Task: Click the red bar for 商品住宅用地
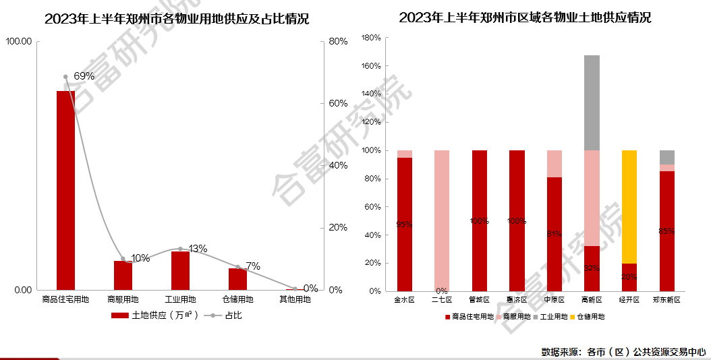tap(65, 190)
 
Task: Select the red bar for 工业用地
tap(180, 270)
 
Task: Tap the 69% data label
tap(84, 76)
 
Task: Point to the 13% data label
tap(198, 249)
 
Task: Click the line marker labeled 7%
tap(237, 267)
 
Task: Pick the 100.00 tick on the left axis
tap(18, 42)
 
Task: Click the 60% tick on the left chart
tap(338, 103)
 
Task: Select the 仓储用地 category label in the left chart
tap(237, 299)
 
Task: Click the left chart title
tap(177, 19)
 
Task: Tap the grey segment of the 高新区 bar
tap(592, 102)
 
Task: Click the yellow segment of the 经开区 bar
tap(629, 206)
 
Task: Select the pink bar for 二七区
tap(442, 220)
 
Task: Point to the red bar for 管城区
tap(480, 220)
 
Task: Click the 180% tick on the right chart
tap(372, 38)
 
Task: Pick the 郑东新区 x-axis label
tap(666, 299)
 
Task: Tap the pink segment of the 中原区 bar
tap(554, 164)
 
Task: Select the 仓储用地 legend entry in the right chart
tap(591, 316)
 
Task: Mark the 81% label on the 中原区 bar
tap(554, 233)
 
